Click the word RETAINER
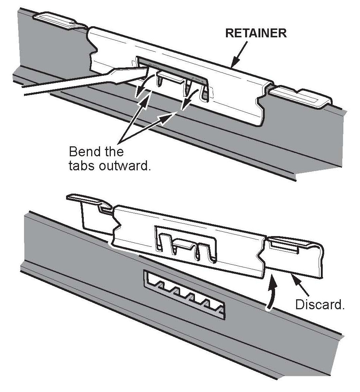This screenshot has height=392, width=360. point(256,33)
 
